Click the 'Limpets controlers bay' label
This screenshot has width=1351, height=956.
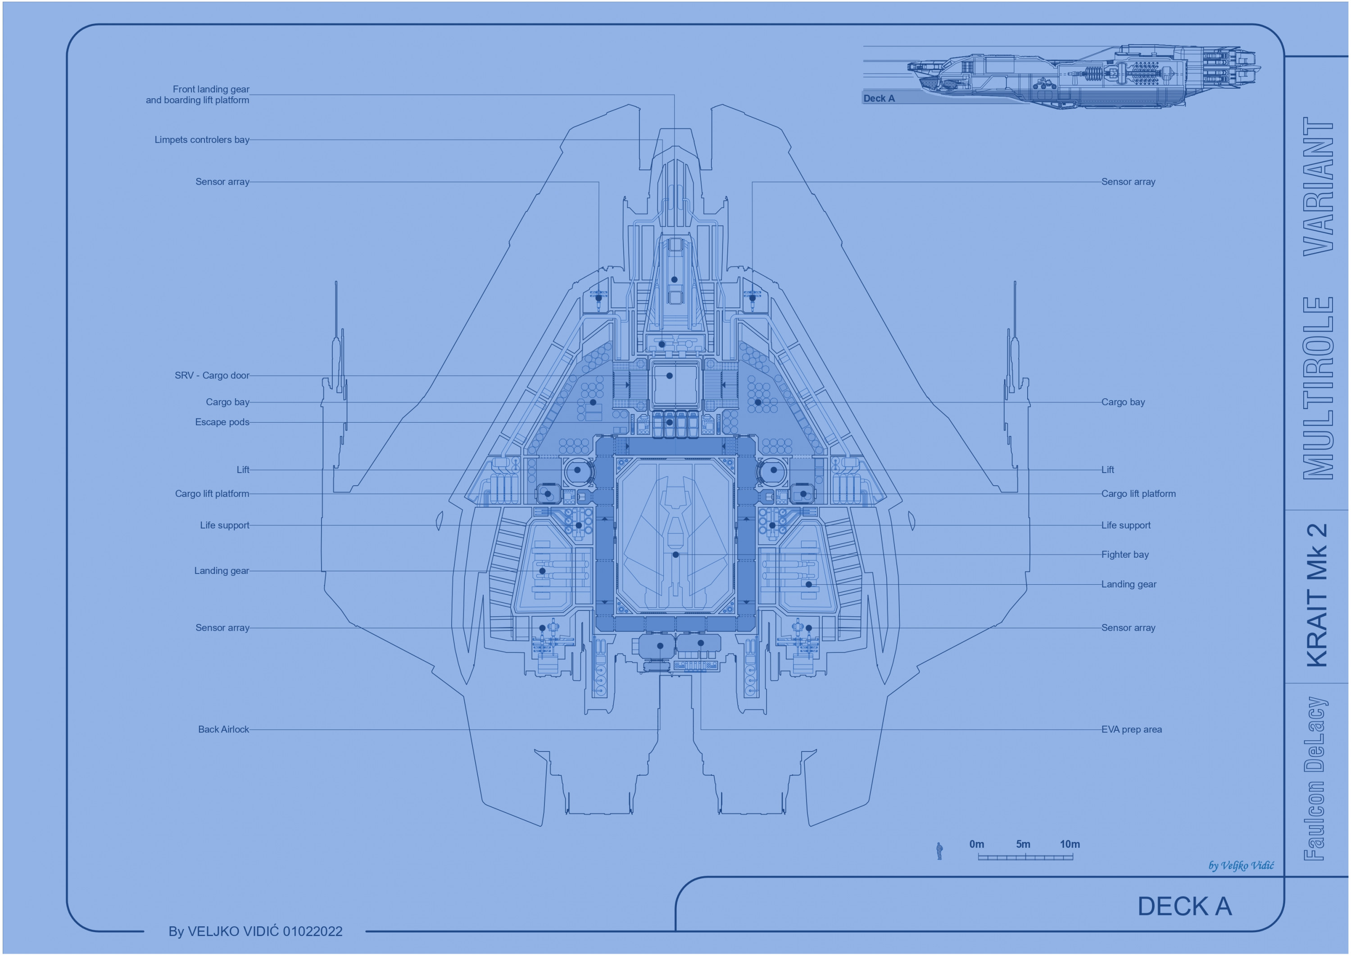pos(202,140)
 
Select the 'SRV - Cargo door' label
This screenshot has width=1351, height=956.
pos(212,376)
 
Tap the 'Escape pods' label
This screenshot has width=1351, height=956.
pos(222,422)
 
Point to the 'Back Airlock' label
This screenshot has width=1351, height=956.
pos(224,729)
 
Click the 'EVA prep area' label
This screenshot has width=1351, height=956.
pos(1132,729)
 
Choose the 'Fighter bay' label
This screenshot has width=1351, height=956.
pos(1125,555)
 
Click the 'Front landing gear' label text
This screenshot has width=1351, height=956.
pos(211,90)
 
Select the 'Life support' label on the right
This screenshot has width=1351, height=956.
pos(1126,525)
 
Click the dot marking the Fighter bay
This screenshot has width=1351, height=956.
pos(675,555)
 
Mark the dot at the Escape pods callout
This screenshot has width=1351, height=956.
pos(670,422)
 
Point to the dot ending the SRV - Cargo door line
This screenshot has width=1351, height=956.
pos(670,376)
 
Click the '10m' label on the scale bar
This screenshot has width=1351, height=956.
pos(1070,844)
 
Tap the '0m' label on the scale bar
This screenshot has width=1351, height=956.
pos(977,844)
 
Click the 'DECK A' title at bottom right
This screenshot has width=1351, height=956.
pos(1184,906)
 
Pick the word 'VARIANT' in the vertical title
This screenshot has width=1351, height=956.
pos(1318,186)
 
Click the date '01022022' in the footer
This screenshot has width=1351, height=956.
pos(313,931)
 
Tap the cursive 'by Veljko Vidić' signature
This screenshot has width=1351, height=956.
pos(1241,865)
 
